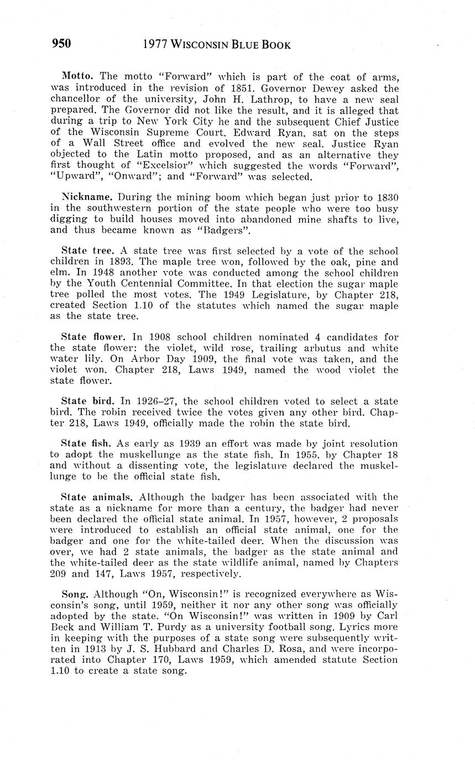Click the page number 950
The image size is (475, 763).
61,44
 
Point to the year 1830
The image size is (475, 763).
386,197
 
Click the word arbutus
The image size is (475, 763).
321,348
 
